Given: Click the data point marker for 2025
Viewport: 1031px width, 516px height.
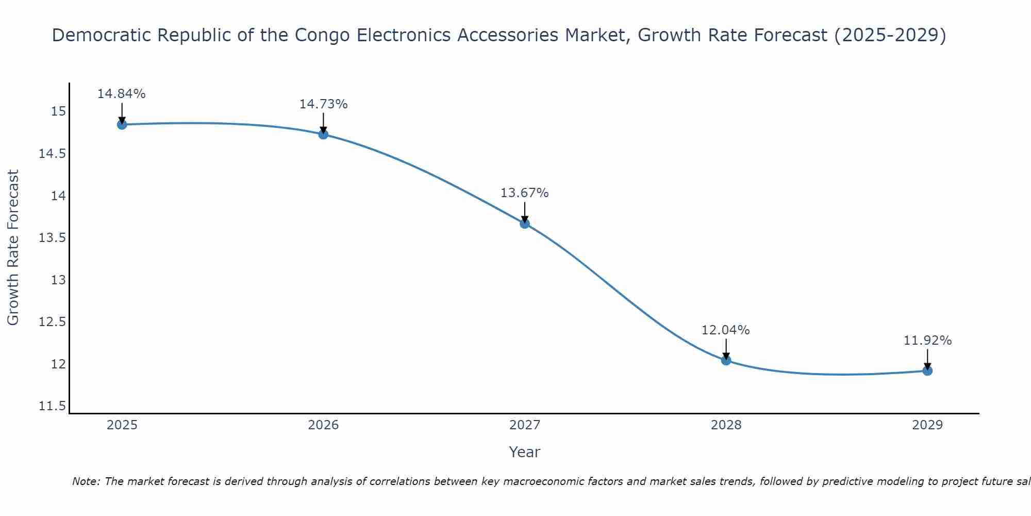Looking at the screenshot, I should [x=122, y=124].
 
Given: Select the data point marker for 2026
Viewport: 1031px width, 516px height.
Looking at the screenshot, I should [x=323, y=134].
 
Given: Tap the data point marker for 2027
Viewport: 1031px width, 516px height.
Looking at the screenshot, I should [x=525, y=223].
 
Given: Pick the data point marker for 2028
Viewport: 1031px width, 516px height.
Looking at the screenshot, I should [x=726, y=360].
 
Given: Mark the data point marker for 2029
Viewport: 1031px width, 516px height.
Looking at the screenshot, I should [x=927, y=370].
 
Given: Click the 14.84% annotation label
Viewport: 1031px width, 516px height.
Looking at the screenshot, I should [x=122, y=94].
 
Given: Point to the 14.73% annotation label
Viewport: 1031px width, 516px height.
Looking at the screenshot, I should [x=323, y=104].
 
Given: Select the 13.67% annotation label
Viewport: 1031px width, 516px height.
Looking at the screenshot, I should [x=525, y=193].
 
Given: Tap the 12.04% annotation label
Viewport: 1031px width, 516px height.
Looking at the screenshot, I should [x=726, y=330].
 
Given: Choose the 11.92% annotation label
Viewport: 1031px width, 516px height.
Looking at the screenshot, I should [x=927, y=341].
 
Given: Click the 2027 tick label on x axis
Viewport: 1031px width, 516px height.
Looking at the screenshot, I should [x=525, y=425].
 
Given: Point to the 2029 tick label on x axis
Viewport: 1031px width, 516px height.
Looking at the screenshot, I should [x=927, y=425].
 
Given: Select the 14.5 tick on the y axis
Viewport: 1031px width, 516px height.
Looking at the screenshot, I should [x=52, y=154].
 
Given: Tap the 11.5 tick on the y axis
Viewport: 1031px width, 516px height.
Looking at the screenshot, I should [x=52, y=406].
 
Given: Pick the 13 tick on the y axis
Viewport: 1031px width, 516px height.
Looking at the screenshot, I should [x=58, y=280].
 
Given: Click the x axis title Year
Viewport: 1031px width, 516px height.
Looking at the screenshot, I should [x=525, y=452].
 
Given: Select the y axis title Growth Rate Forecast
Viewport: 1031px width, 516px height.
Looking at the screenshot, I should [x=13, y=248].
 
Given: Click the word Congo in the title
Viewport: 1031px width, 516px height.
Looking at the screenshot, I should [x=323, y=35].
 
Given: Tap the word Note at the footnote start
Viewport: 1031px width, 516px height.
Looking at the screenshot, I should [x=86, y=481].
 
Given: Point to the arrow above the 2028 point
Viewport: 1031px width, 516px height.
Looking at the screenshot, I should [x=726, y=348].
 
